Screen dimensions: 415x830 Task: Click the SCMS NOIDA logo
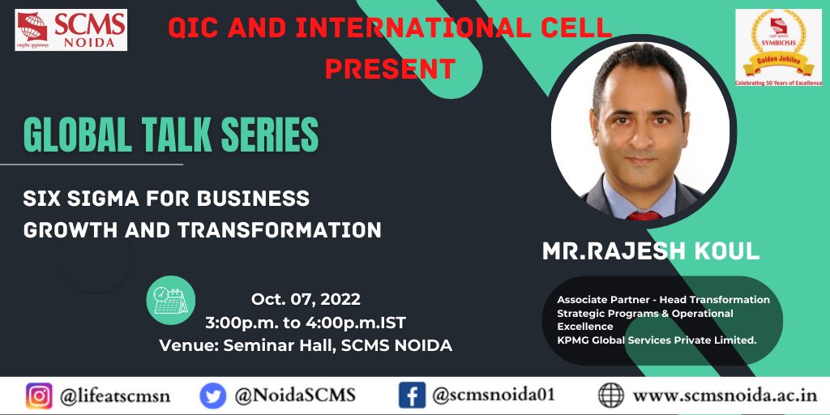point(71,30)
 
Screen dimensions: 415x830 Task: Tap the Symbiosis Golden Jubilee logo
point(778,47)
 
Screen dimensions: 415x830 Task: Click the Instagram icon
point(37,396)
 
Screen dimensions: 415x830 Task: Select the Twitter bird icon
point(213,396)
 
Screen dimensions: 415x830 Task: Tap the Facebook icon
point(412,396)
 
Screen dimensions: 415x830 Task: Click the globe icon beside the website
point(612,396)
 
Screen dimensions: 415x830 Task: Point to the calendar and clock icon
point(171,300)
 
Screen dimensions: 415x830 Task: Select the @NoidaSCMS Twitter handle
point(293,396)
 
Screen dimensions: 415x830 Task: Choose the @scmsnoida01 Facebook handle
point(493,396)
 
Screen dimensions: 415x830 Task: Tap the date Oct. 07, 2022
point(306,299)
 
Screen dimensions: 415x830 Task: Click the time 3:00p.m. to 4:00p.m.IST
point(306,322)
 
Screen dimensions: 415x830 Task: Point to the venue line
point(306,345)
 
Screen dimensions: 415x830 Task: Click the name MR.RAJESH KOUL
point(651,251)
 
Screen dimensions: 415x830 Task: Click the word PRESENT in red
point(390,67)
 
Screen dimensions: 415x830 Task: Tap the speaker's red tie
point(643,216)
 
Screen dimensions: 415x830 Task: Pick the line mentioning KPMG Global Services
point(657,340)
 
